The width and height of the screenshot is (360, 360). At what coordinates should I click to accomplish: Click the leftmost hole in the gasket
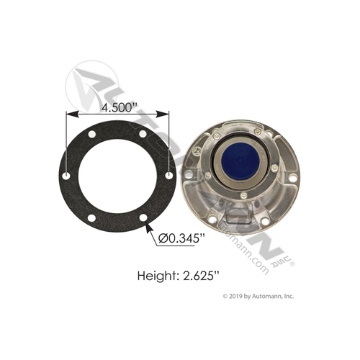coord(67,176)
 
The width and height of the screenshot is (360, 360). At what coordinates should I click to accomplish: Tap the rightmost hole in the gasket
coord(169,176)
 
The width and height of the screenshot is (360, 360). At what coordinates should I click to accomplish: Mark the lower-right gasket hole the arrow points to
coord(143,219)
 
